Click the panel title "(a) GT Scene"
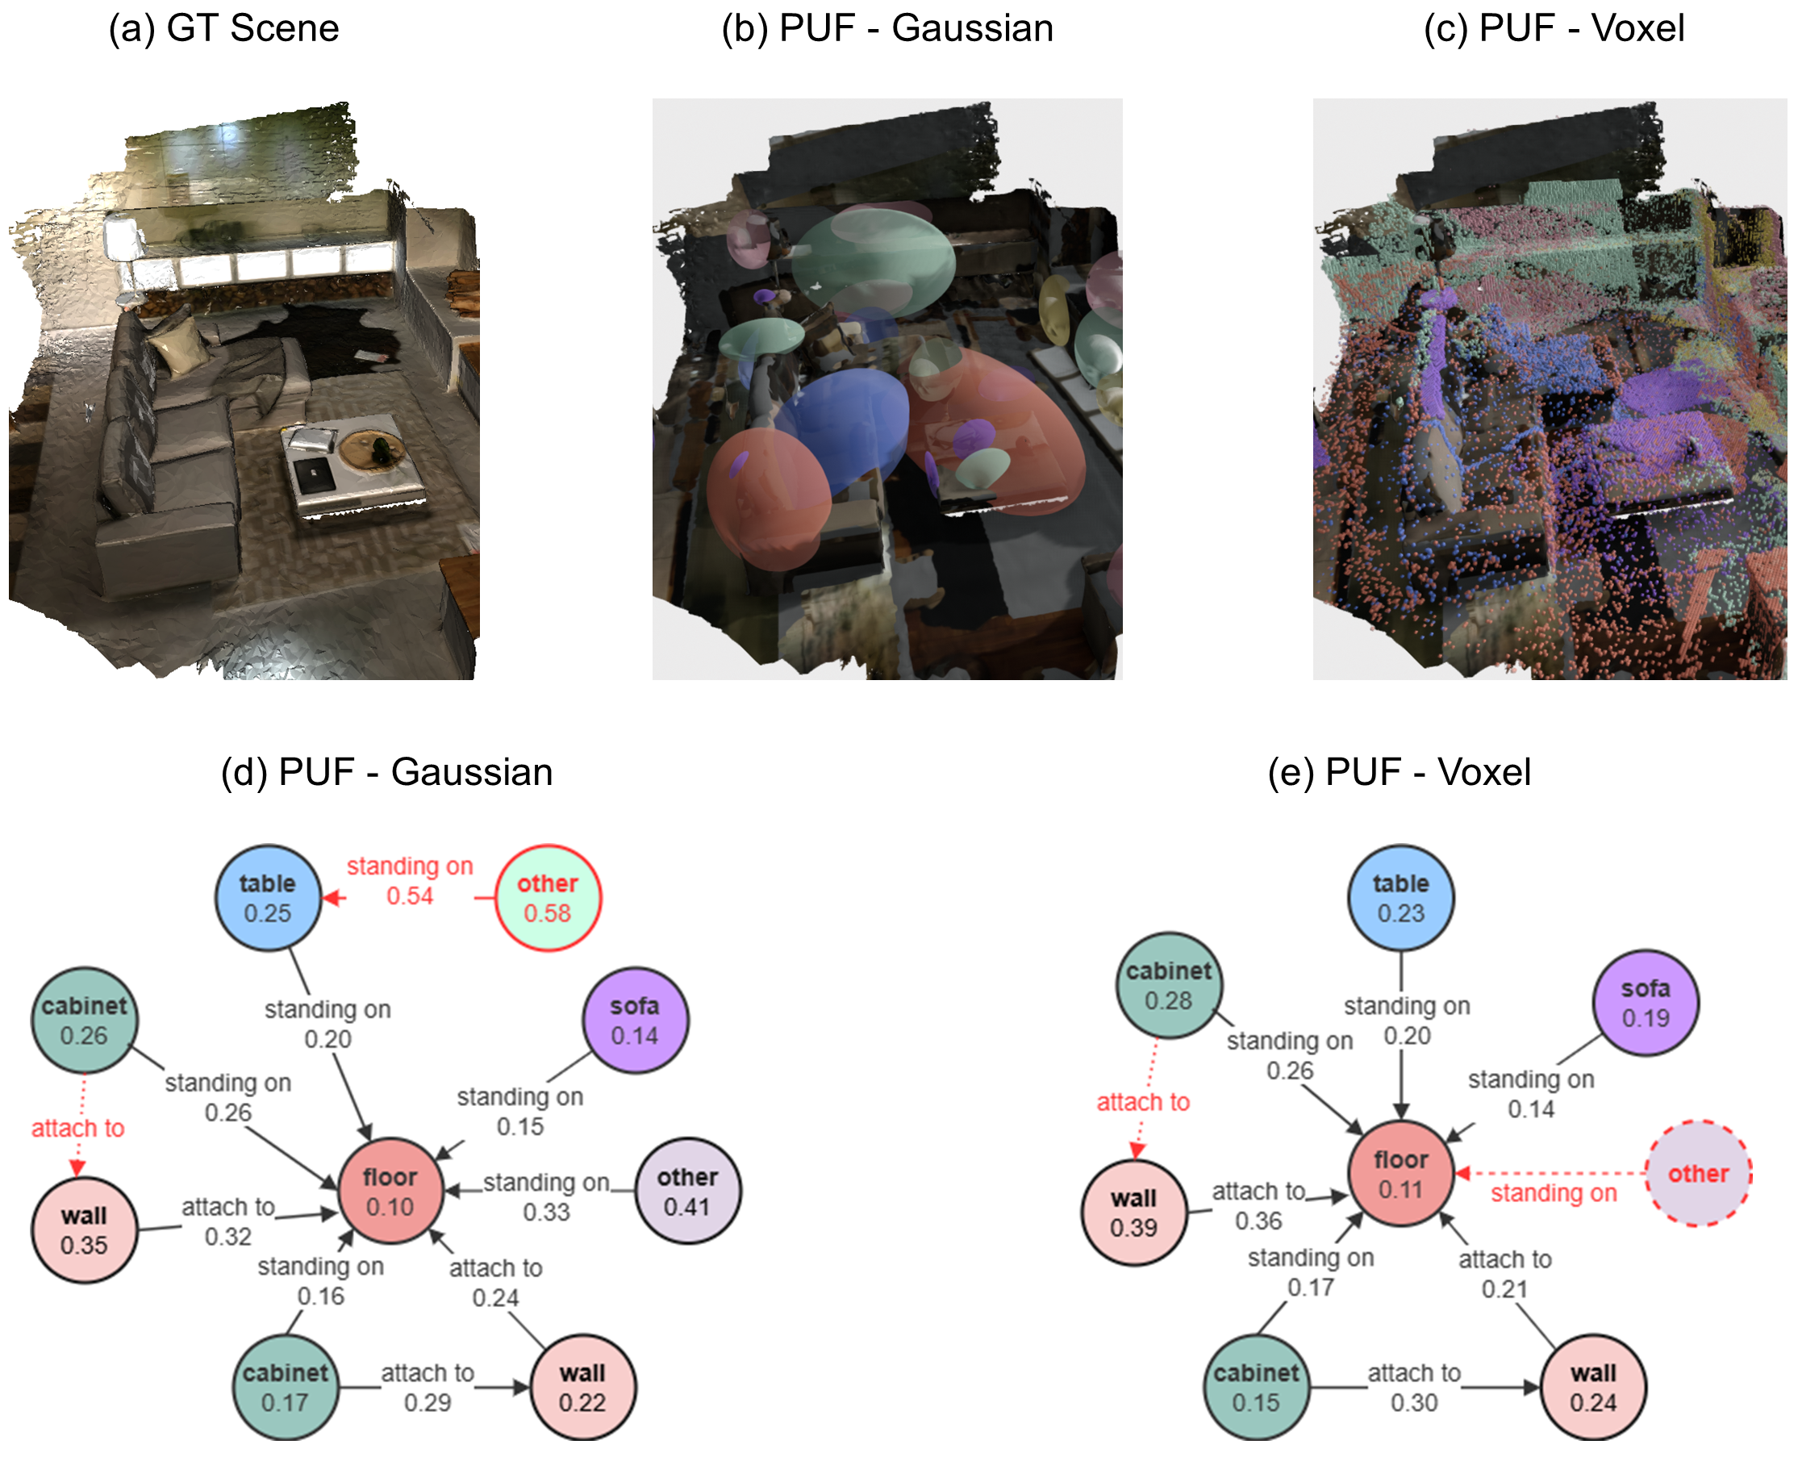tap(223, 28)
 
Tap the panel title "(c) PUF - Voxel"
tap(1554, 28)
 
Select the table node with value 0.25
tap(268, 897)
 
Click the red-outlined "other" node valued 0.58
tap(548, 897)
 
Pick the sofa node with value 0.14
tap(635, 1020)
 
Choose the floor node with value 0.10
tap(390, 1191)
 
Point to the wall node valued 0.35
tap(84, 1229)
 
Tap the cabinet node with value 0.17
tap(286, 1387)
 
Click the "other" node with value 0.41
tap(688, 1191)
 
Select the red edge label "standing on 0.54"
tap(410, 880)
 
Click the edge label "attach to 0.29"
tap(427, 1388)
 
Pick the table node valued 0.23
tap(1401, 897)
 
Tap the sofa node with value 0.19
tap(1646, 1002)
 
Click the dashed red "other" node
tap(1699, 1173)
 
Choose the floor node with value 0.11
tap(1401, 1173)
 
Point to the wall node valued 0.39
tap(1134, 1212)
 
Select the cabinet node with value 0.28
tap(1169, 985)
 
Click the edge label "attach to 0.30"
tap(1414, 1388)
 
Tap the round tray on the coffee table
tap(372, 449)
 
